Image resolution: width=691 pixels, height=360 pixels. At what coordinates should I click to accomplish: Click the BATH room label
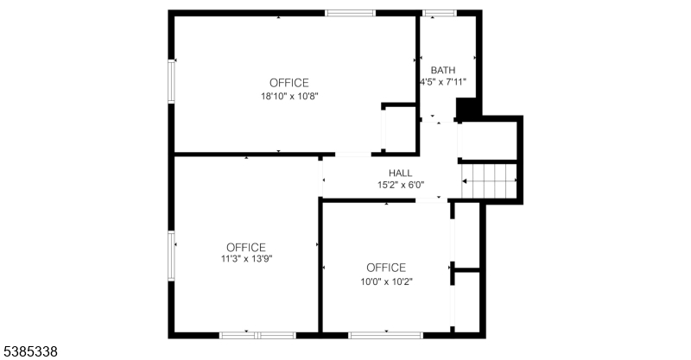pos(443,70)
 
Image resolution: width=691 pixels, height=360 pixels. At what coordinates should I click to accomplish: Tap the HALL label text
pos(401,174)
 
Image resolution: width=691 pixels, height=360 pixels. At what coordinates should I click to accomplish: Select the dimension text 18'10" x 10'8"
pos(289,96)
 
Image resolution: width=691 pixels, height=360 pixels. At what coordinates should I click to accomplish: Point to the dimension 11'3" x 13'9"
pos(247,259)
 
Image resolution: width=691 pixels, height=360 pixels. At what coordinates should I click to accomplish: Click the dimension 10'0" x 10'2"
pos(386,281)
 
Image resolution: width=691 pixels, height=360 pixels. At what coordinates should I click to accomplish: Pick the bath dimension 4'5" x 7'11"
pos(443,82)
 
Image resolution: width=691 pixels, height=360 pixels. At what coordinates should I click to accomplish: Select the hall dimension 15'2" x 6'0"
pos(401,185)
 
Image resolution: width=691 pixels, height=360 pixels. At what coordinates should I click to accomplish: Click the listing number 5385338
pos(30,351)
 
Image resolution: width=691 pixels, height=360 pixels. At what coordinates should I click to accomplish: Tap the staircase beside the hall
pos(489,181)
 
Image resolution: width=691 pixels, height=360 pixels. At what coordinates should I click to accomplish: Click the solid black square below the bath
pos(466,109)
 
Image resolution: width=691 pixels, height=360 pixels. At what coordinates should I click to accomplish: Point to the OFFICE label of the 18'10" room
pos(289,83)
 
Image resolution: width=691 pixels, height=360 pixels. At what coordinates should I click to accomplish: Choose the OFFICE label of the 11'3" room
pos(246,247)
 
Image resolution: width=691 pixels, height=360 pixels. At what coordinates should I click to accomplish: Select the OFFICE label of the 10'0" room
pos(386,268)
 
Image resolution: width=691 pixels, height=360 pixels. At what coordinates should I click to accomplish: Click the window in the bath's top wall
pos(440,13)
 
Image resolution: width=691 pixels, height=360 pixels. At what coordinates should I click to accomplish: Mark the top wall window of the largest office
pos(351,13)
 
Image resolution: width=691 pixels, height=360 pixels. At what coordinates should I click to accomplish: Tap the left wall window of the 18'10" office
pos(171,81)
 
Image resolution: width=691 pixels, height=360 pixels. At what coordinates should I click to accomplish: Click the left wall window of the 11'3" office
pos(171,256)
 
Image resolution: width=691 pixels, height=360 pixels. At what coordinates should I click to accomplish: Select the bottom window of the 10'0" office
pos(386,335)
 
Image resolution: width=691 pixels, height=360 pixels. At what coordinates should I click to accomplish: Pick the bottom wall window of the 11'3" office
pos(257,335)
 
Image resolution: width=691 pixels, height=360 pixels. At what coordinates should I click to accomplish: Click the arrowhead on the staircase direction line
pos(464,181)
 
